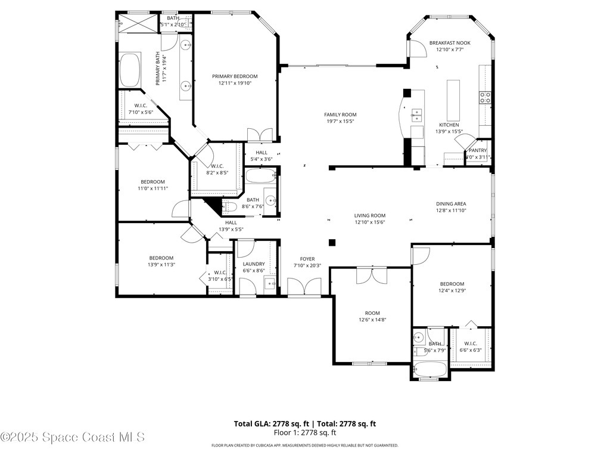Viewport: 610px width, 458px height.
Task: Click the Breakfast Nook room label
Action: [x=450, y=43]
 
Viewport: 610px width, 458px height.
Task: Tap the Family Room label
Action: [x=340, y=114]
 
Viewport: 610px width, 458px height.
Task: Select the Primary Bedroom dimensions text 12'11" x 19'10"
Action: [x=235, y=84]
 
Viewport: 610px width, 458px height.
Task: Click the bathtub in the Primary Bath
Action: [x=129, y=71]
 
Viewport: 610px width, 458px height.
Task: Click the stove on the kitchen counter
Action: [x=485, y=97]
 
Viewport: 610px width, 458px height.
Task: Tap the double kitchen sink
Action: [x=417, y=113]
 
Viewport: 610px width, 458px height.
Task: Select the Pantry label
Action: [x=478, y=150]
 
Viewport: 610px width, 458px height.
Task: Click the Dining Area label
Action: [x=451, y=203]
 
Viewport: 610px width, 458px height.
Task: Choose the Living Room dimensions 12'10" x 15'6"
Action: [x=370, y=222]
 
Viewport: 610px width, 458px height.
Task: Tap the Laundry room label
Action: [x=254, y=264]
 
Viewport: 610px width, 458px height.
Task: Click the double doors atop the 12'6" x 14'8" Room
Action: [x=371, y=275]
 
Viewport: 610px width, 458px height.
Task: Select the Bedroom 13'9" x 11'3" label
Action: [x=161, y=258]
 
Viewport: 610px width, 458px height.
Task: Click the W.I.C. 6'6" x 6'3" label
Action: [x=471, y=343]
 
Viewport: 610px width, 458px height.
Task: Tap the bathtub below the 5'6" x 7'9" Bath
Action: [x=430, y=370]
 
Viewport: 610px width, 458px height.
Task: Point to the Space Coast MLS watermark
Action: [x=72, y=437]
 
